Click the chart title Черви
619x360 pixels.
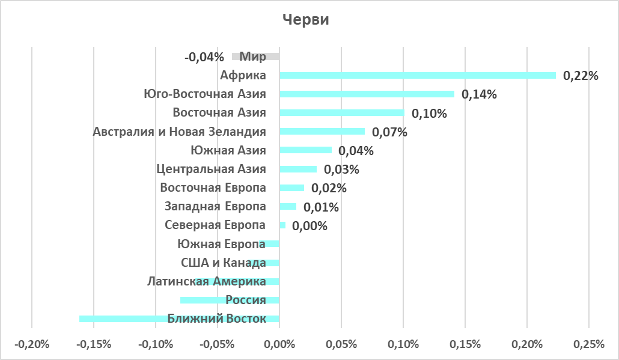[306, 20]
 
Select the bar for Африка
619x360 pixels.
[417, 76]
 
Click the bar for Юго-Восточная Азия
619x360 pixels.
[367, 94]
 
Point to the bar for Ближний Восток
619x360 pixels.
[120, 319]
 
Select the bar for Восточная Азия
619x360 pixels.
[342, 113]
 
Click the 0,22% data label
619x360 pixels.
[581, 76]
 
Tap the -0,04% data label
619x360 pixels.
[204, 57]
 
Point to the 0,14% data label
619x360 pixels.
[479, 95]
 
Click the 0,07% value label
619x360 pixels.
[389, 132]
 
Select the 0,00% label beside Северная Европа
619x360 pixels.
[309, 227]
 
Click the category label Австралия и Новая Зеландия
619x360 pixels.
[179, 132]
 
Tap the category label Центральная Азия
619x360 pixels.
[210, 169]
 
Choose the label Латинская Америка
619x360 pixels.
[207, 281]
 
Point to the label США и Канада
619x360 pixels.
[224, 263]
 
